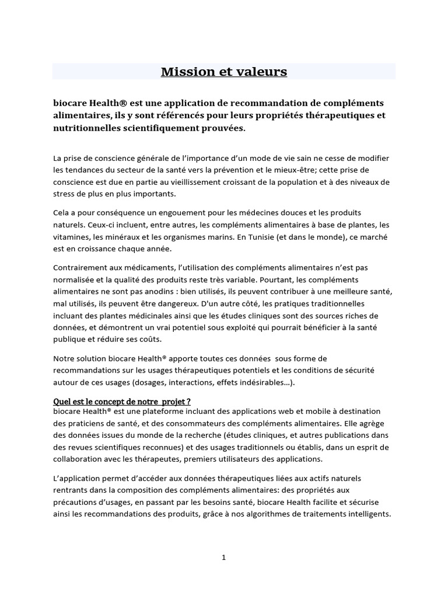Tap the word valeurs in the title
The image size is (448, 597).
coord(260,72)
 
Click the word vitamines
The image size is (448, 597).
coord(71,237)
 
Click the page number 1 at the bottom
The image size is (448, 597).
coord(223,558)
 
